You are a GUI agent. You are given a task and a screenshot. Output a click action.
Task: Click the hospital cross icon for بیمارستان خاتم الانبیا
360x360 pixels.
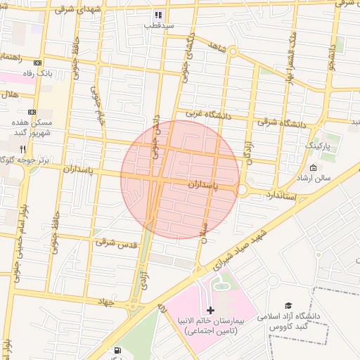coord(210,310)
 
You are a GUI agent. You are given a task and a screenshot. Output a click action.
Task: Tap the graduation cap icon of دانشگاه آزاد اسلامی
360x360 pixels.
coord(288,305)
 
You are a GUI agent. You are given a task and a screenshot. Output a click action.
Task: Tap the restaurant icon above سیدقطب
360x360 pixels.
coord(159,15)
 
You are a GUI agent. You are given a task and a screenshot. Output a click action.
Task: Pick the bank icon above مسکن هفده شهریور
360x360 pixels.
coord(32,112)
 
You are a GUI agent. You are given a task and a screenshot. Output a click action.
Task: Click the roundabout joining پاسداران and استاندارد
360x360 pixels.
coord(242,190)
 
